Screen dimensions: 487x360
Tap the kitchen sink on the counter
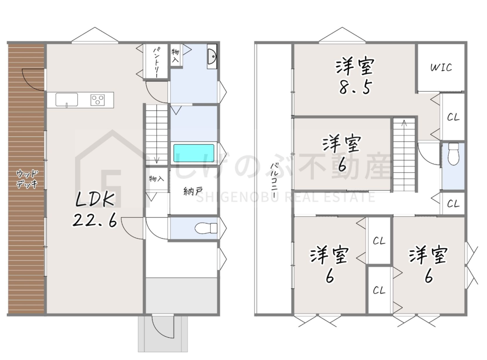coord(66,100)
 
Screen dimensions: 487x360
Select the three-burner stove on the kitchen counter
coord(97,100)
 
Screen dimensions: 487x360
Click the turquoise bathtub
coord(194,153)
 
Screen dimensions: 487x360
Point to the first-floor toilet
coord(206,228)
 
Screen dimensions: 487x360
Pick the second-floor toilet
coord(454,153)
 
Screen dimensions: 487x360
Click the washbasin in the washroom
coord(212,57)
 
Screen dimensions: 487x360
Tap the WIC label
coord(441,67)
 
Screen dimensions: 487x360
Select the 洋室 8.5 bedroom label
coord(354,76)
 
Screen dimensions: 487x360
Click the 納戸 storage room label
coord(193,191)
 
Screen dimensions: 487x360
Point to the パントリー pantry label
coord(157,62)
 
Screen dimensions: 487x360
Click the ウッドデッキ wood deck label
coord(27,180)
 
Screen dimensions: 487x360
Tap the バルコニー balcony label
coord(274,178)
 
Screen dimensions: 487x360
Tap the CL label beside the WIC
coord(453,117)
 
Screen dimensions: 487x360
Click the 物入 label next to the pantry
coord(175,55)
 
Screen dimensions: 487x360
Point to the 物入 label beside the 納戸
coord(156,179)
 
